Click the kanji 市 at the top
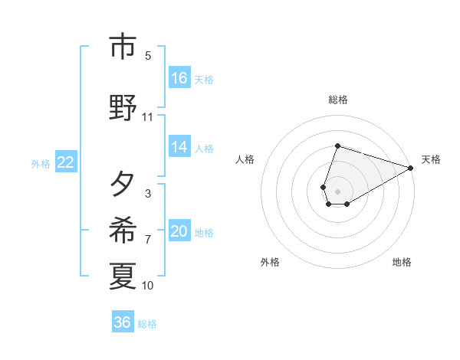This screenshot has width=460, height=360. (123, 47)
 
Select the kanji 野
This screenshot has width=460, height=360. (123, 107)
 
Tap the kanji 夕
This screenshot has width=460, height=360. (123, 184)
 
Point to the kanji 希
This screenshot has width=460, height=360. (123, 230)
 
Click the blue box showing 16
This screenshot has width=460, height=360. (179, 77)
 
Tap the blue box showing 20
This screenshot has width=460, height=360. (179, 231)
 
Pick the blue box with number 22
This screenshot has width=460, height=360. (66, 162)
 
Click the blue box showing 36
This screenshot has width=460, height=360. (123, 322)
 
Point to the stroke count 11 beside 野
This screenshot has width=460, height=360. (147, 117)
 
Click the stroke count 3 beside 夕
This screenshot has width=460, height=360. (147, 193)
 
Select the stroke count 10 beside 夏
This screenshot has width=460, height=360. (147, 286)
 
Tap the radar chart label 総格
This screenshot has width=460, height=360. (338, 100)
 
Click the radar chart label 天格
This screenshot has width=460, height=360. (431, 159)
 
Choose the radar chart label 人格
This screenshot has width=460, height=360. (245, 159)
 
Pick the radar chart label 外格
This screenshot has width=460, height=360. (270, 262)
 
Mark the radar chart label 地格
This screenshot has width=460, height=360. (402, 262)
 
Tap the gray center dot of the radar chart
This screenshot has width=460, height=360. (338, 191)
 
